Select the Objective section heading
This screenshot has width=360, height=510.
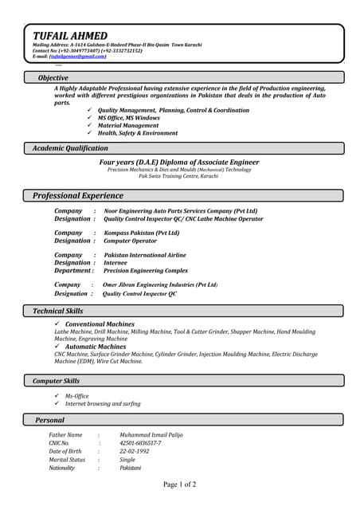(53, 77)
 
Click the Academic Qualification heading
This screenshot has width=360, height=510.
(70, 148)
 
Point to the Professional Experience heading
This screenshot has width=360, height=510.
(78, 195)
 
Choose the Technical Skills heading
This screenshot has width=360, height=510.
(57, 311)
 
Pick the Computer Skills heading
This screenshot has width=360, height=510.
(56, 381)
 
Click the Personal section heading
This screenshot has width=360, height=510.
(49, 419)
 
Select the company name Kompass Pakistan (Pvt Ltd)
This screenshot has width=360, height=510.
(142, 233)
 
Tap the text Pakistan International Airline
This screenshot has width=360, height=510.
(145, 255)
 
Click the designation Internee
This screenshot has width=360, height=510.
(115, 262)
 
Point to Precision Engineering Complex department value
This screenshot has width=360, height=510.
(147, 270)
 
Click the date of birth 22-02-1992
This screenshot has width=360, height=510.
(134, 451)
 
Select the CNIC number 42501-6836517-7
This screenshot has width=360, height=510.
(140, 443)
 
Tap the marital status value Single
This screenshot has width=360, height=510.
(127, 460)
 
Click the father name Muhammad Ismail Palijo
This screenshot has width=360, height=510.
(152, 435)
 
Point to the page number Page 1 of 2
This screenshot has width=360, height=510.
(180, 484)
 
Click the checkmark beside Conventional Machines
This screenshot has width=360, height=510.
(57, 324)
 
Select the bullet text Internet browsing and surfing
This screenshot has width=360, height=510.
(103, 404)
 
